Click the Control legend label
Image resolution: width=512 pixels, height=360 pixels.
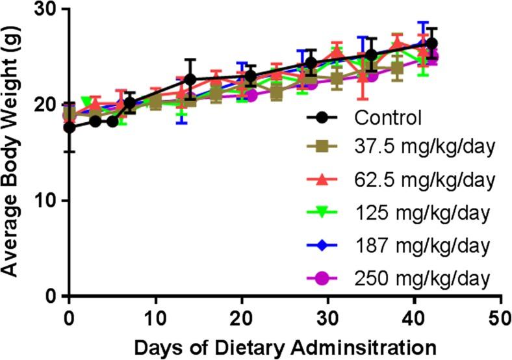pos(389,118)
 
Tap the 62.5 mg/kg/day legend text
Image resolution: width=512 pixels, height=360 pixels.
pos(425,179)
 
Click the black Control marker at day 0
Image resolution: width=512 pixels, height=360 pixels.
pos(70,127)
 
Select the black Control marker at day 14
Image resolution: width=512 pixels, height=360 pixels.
pos(190,80)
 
